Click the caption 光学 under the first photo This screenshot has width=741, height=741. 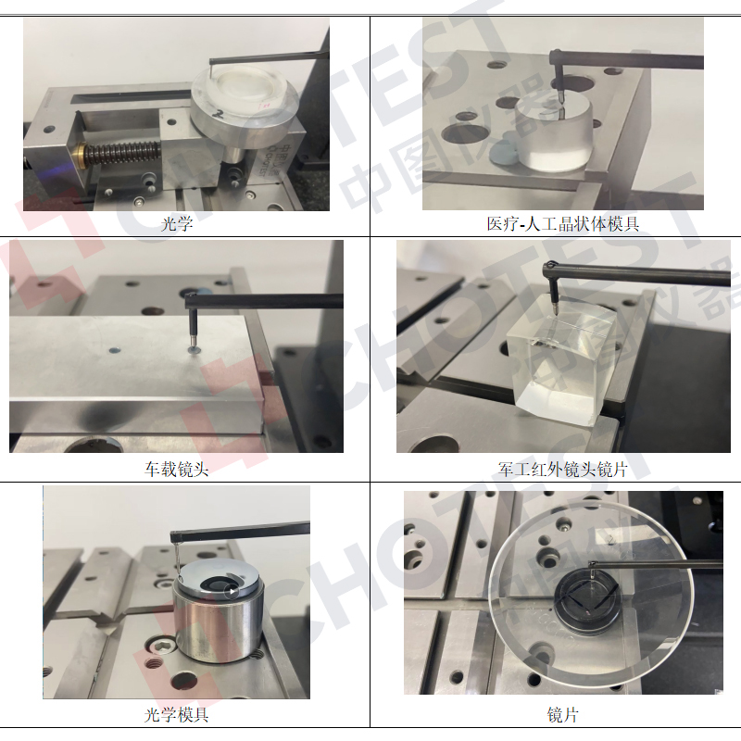tap(177, 223)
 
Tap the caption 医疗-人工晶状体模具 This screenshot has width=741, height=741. tap(562, 223)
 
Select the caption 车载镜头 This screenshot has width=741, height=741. tap(176, 469)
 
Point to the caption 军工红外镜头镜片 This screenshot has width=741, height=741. tap(562, 469)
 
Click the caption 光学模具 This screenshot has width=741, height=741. tap(176, 714)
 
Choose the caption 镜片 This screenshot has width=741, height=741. tap(562, 714)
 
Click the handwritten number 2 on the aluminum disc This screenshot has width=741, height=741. tap(218, 113)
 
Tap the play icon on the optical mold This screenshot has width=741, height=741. tap(232, 591)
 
